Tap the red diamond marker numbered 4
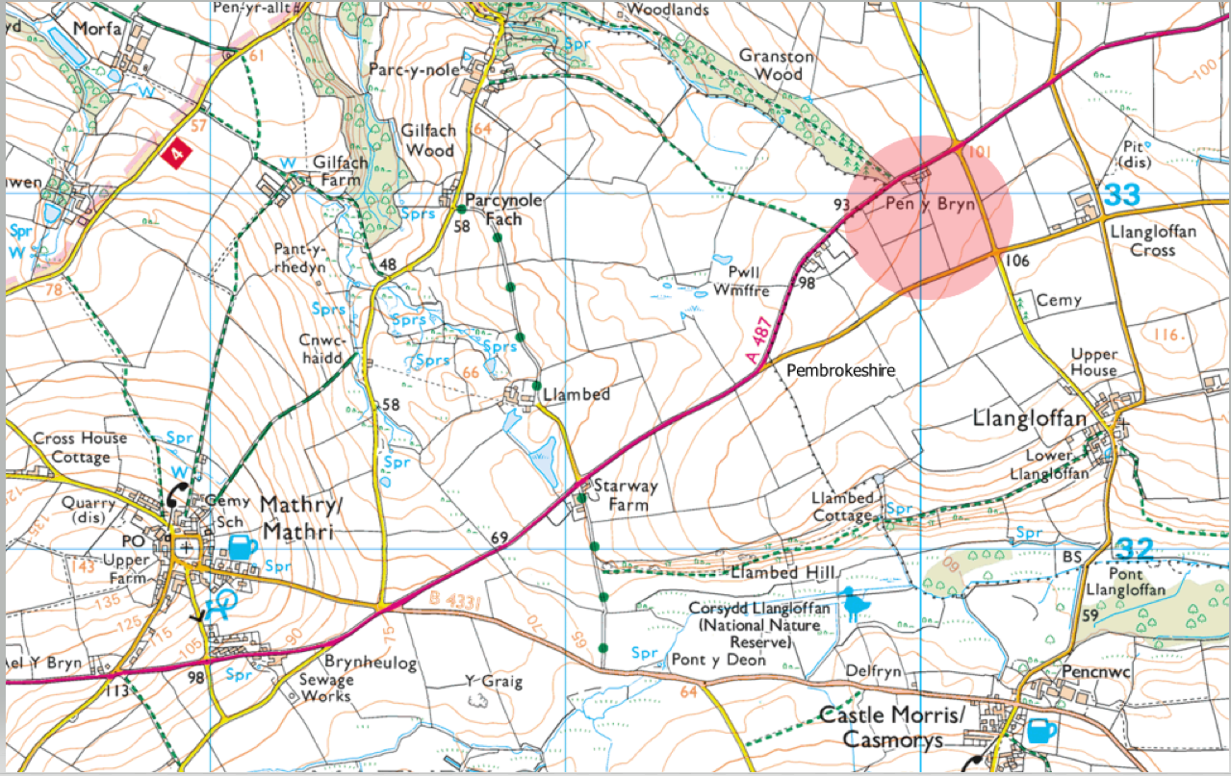[x=174, y=153]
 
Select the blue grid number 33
[x=1122, y=195]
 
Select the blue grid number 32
[x=1136, y=549]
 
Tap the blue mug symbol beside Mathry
[x=243, y=548]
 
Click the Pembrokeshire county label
[x=841, y=370]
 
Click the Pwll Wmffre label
[x=742, y=279]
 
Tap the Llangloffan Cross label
[x=1142, y=240]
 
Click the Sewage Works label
[x=325, y=687]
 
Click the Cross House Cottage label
[x=80, y=447]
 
